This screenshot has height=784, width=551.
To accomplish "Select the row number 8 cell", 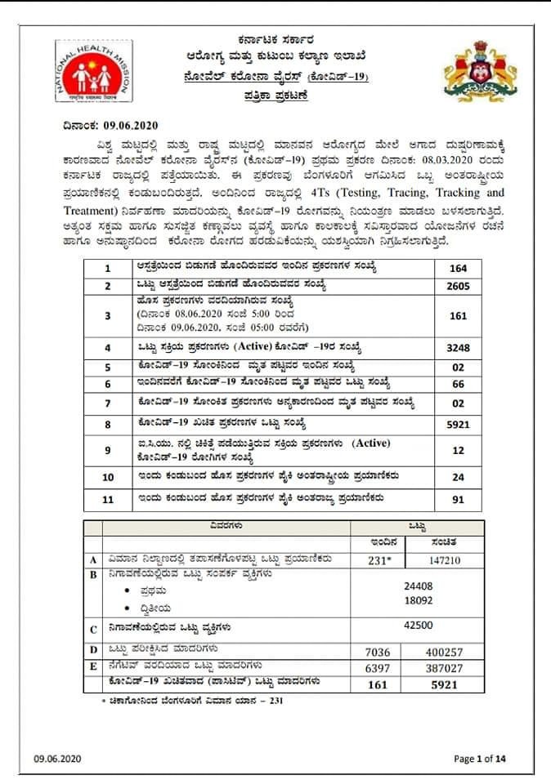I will click(107, 425).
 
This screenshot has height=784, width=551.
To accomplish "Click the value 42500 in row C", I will click(418, 626).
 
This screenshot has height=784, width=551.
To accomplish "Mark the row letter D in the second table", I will click(93, 651).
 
